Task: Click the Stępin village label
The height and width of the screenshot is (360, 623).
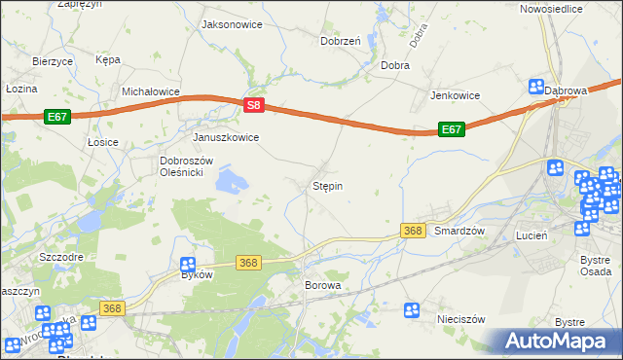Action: click(x=327, y=185)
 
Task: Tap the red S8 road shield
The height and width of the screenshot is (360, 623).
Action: click(x=253, y=104)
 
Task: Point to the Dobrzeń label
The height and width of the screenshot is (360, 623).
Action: click(x=341, y=41)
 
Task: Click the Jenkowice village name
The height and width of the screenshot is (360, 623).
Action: click(x=457, y=95)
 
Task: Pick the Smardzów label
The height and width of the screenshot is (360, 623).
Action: click(x=459, y=231)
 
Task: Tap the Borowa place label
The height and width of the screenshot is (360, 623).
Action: click(x=323, y=286)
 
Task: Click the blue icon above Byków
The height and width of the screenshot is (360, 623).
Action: click(x=189, y=264)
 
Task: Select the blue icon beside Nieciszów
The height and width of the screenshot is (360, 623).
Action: click(x=413, y=309)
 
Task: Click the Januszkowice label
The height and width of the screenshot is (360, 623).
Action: click(x=226, y=137)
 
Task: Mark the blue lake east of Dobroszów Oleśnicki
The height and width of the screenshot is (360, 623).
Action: click(x=233, y=180)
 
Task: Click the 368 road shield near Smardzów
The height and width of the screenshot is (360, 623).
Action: click(x=413, y=230)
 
